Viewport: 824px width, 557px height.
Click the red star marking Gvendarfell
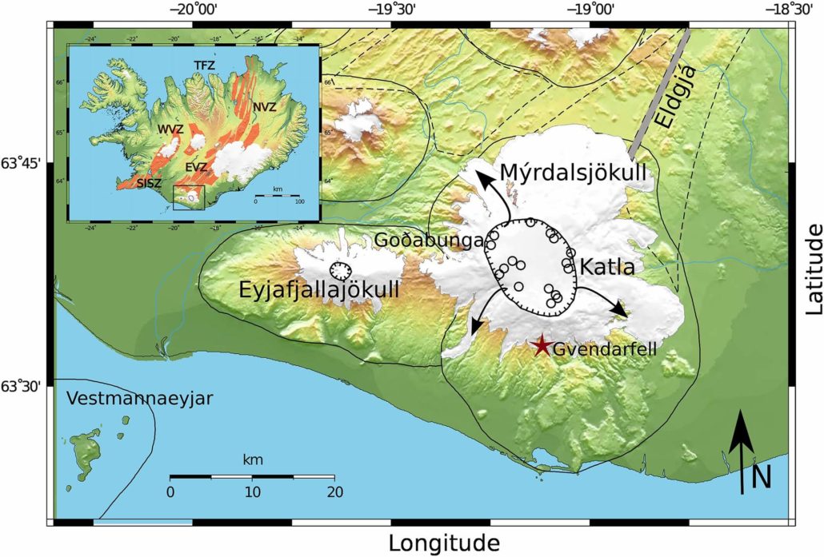(542, 345)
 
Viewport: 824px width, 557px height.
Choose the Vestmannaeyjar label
(140, 399)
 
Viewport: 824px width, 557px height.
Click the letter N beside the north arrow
(762, 478)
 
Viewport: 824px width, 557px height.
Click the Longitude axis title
(444, 543)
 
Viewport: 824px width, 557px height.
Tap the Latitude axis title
(813, 269)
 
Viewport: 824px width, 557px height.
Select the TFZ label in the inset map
(204, 64)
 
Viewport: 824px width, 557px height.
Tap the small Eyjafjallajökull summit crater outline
(341, 269)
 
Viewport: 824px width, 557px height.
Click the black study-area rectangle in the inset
(189, 197)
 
